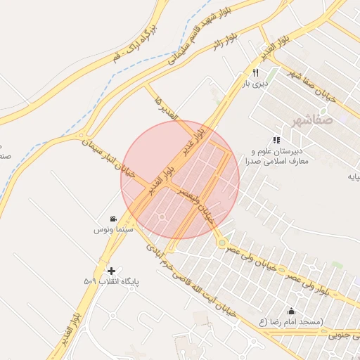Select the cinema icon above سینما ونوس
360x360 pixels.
[113, 219]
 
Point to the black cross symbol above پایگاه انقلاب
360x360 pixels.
[111, 271]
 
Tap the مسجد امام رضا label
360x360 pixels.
[292, 321]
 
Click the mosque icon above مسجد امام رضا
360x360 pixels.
[292, 311]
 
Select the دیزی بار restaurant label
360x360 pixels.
[256, 84]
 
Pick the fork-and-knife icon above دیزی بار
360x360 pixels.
[256, 72]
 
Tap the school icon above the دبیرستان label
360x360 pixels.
[276, 140]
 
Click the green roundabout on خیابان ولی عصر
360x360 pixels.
[222, 243]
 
